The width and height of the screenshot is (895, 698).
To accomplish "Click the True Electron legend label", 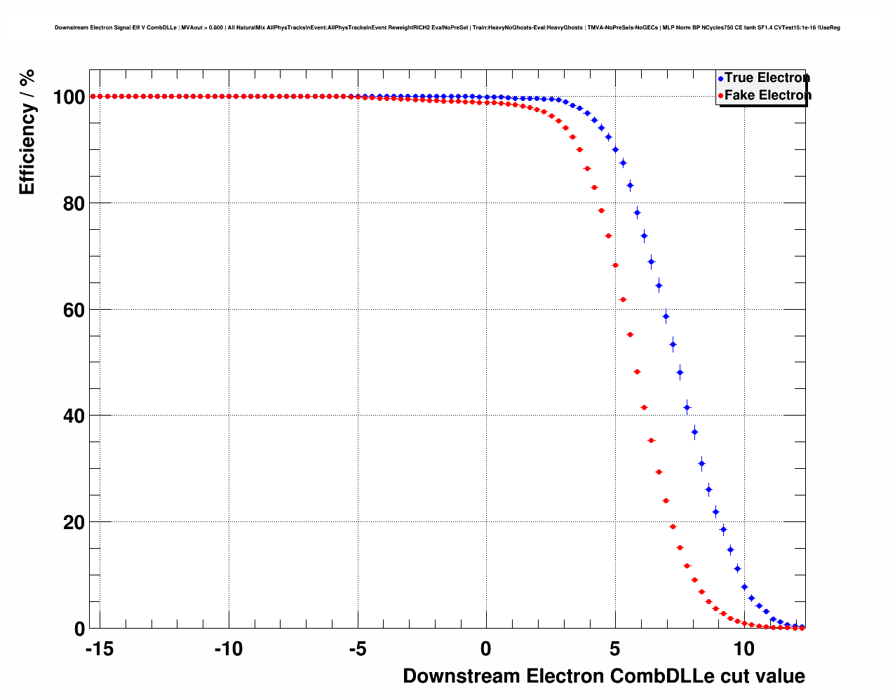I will click(x=767, y=78).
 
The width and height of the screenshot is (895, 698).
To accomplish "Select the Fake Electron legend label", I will click(x=767, y=95).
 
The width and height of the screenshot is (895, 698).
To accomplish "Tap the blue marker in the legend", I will click(x=720, y=78).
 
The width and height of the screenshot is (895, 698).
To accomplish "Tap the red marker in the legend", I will click(x=720, y=96).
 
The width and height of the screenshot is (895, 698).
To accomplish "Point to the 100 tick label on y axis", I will click(x=69, y=97).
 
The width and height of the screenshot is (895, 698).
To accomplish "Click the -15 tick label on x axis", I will click(x=99, y=650).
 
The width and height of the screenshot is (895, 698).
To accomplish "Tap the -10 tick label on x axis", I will click(x=228, y=650).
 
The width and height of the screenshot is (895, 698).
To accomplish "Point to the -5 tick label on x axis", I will click(x=357, y=650).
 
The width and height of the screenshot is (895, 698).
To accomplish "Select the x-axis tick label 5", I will click(x=615, y=650).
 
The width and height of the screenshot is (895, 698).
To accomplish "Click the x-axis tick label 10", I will click(x=744, y=650).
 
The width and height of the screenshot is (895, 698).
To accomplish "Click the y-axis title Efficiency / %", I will click(x=27, y=132).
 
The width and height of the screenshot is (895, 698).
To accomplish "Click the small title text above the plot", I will click(x=447, y=28).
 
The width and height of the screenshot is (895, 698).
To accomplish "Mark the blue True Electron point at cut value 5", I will click(x=615, y=149).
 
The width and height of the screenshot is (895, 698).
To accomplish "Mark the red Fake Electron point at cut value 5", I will click(x=615, y=265).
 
